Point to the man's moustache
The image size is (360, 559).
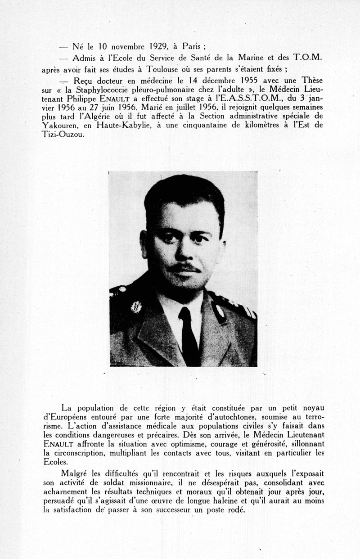(185, 268)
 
